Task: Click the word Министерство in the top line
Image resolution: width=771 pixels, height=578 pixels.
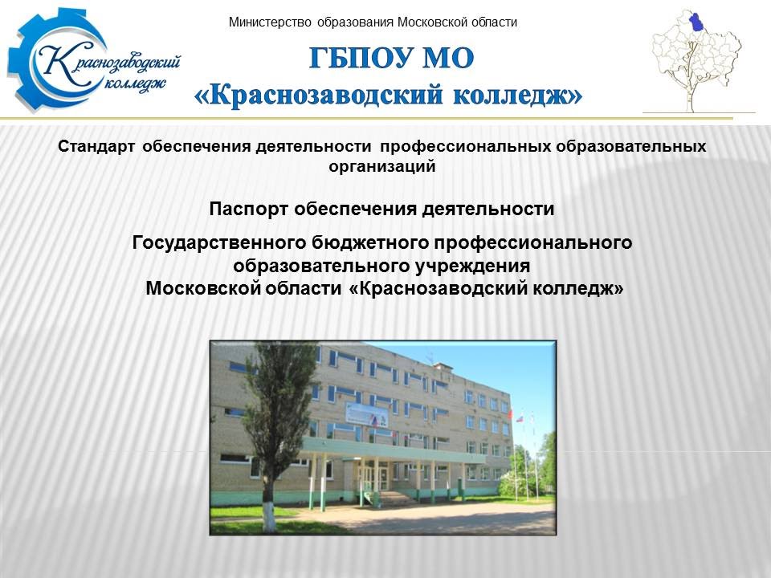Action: pos(270,22)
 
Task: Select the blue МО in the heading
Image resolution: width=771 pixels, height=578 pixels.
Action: pos(448,58)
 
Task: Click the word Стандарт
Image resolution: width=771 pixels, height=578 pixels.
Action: pos(96,146)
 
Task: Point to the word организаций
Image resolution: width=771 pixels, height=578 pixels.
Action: pos(382,166)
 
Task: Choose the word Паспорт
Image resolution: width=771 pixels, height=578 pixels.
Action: pos(248,209)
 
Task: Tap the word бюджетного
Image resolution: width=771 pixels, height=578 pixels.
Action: pos(371,242)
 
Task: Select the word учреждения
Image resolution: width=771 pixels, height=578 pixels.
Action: pos(473,266)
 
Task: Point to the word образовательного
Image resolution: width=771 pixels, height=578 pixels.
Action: pos(321,266)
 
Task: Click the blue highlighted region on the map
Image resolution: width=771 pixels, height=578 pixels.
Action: pos(696,22)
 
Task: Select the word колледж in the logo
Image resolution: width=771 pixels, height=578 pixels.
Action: pos(135,84)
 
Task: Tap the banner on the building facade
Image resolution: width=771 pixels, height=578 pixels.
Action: pos(366,414)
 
